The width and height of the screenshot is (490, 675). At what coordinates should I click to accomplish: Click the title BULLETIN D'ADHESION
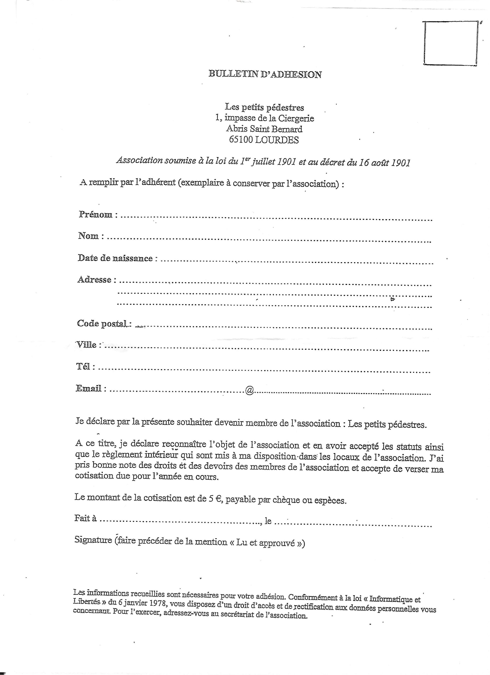point(265,74)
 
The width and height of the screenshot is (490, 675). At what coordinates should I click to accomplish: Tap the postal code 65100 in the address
point(241,140)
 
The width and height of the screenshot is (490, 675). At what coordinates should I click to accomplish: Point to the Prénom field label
point(96,214)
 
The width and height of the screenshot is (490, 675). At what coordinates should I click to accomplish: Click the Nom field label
point(89,236)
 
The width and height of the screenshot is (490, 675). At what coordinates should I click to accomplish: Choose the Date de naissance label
point(115,258)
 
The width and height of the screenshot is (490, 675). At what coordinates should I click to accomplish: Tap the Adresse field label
point(94,280)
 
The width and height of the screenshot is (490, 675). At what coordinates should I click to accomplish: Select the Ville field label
point(87,345)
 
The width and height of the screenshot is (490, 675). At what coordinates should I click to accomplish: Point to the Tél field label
point(83,366)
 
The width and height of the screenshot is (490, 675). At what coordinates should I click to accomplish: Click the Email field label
point(89,389)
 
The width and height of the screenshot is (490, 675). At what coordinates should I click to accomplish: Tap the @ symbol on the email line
point(249,390)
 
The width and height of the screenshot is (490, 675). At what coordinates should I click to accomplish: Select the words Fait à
point(85,518)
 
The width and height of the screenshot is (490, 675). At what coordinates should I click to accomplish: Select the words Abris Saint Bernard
point(264,129)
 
